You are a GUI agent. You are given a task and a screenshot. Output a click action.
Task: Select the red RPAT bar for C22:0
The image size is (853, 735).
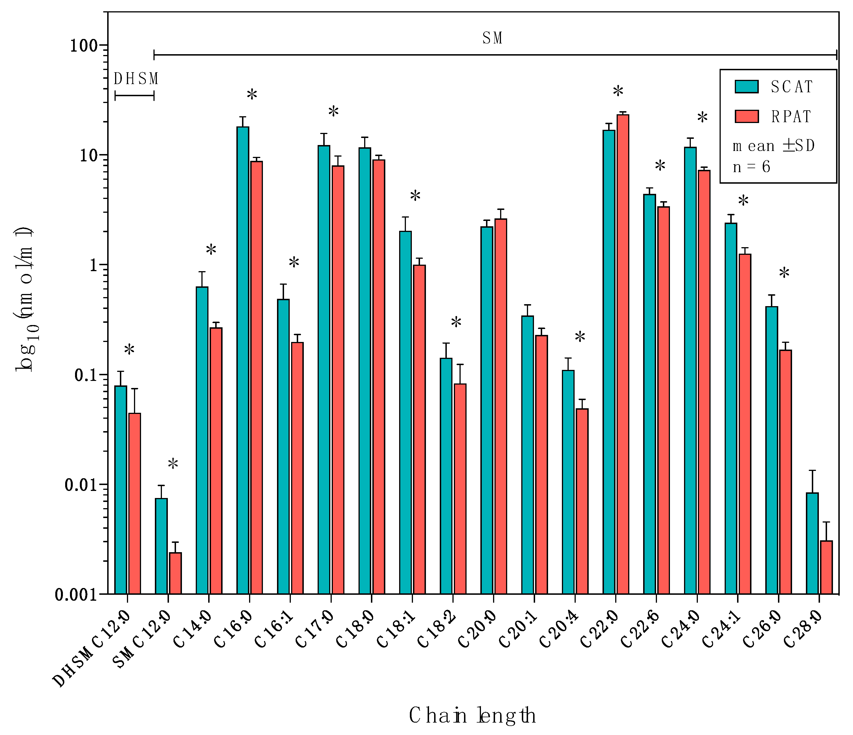[x=623, y=354]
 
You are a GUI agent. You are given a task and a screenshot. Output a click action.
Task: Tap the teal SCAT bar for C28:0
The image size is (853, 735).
[x=812, y=543]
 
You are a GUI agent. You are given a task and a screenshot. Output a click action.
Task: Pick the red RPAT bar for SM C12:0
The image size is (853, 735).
[x=175, y=573]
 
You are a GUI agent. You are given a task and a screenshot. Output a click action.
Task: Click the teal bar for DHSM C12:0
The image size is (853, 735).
[x=121, y=490]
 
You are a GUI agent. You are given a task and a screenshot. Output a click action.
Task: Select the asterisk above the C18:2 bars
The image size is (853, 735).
[x=456, y=322]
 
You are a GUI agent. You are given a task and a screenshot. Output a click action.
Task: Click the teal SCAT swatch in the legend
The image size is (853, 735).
[x=746, y=86]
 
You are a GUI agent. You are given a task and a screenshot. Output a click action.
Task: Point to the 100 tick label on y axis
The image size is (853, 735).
[x=83, y=45]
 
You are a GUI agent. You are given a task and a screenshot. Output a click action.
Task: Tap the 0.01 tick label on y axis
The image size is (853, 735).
[x=81, y=485]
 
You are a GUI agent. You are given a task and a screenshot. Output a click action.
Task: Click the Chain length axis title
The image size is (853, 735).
[x=472, y=715]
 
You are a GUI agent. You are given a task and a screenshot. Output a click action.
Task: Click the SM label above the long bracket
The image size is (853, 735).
[x=493, y=38]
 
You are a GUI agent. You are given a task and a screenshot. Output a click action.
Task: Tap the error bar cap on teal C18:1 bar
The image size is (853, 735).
[x=406, y=217]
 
